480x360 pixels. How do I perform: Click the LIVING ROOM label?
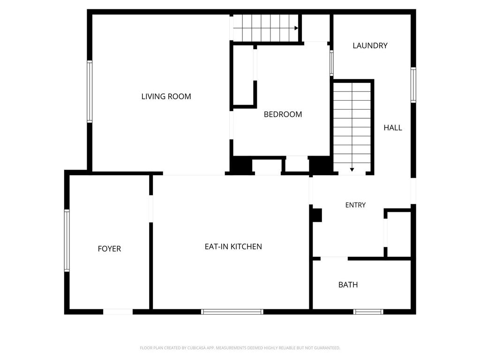point(166,97)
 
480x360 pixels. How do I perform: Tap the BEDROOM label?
point(283,114)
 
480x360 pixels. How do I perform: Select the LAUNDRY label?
point(370,45)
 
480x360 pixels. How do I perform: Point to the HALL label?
point(393,127)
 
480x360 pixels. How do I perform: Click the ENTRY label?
point(355,205)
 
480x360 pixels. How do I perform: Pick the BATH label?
point(348,285)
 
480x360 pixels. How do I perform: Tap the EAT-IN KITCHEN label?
point(233,247)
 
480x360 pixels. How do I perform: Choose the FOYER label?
point(109,248)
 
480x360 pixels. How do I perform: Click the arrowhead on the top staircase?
point(296,28)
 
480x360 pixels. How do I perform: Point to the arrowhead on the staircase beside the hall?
point(352,170)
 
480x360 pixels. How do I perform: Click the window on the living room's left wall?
point(90,91)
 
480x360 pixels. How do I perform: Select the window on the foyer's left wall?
point(67,240)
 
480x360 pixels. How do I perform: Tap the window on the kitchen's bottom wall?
point(232,312)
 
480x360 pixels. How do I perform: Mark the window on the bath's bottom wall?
point(368,312)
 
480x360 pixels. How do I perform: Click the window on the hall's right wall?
point(413,85)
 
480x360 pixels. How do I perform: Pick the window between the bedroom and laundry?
point(331,63)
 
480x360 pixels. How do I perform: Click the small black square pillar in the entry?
point(317,215)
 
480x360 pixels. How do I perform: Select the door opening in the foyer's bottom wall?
point(118,312)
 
